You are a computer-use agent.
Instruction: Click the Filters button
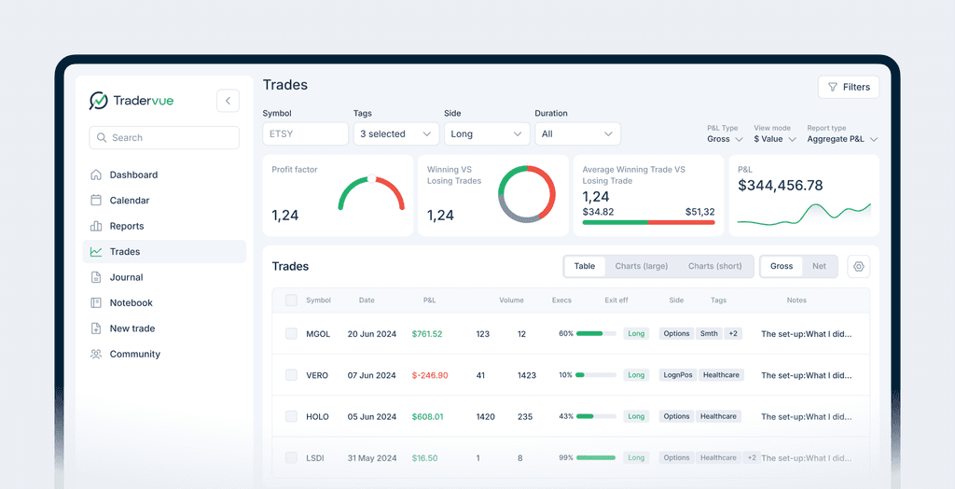click(849, 87)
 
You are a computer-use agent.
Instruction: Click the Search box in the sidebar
click(164, 137)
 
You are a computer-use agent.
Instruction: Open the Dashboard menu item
click(133, 175)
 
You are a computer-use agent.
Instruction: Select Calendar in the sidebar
click(129, 201)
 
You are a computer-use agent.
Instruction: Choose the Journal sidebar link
click(126, 277)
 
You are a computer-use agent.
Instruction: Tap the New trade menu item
click(131, 328)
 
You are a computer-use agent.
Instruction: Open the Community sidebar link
click(134, 354)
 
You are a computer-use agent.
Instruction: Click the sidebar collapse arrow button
click(228, 101)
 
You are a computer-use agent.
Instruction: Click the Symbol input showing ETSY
click(305, 133)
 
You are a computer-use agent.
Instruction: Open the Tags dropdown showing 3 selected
click(395, 133)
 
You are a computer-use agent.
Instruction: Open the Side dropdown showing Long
click(487, 133)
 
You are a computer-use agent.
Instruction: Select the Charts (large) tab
click(642, 266)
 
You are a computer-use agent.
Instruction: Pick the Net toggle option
click(819, 266)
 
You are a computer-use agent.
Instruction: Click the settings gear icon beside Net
click(859, 266)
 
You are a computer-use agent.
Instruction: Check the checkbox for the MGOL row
click(291, 333)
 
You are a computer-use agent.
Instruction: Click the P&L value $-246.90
click(430, 375)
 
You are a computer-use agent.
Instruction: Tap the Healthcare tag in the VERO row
click(721, 375)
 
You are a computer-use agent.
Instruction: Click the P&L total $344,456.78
click(781, 186)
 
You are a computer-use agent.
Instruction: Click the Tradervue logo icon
click(98, 101)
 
